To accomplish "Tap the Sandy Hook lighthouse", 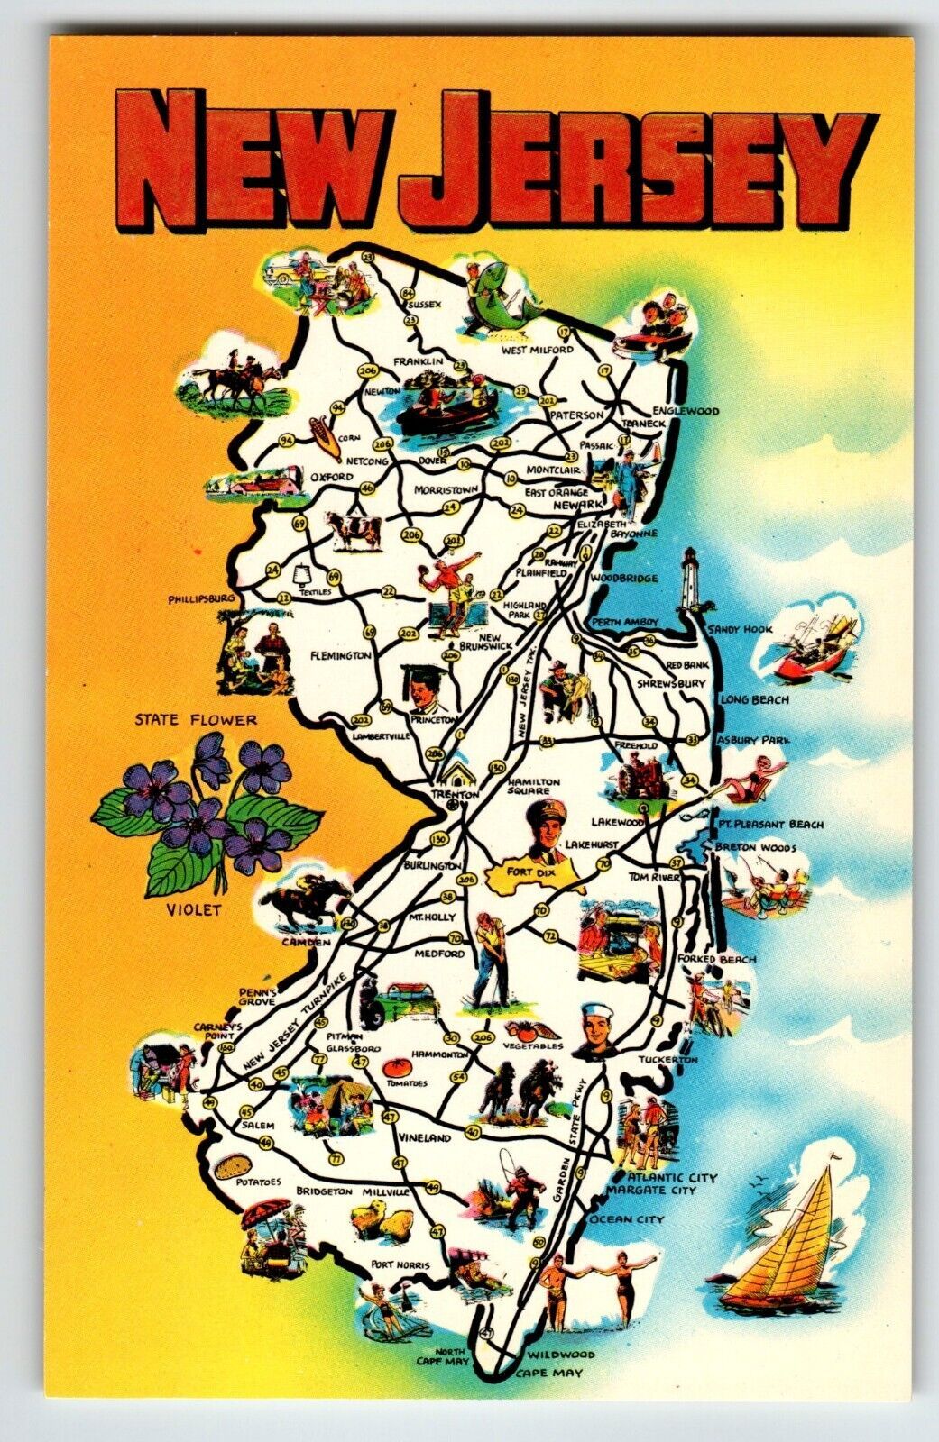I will tap(693, 581).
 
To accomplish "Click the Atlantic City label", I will tap(673, 1177).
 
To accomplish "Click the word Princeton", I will tap(434, 720).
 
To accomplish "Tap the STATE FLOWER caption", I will tap(196, 719).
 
